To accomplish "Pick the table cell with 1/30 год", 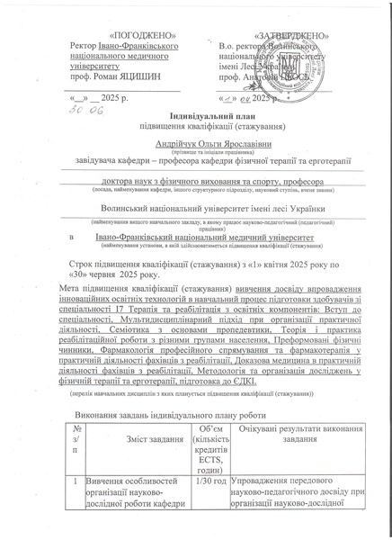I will point(207,482).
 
